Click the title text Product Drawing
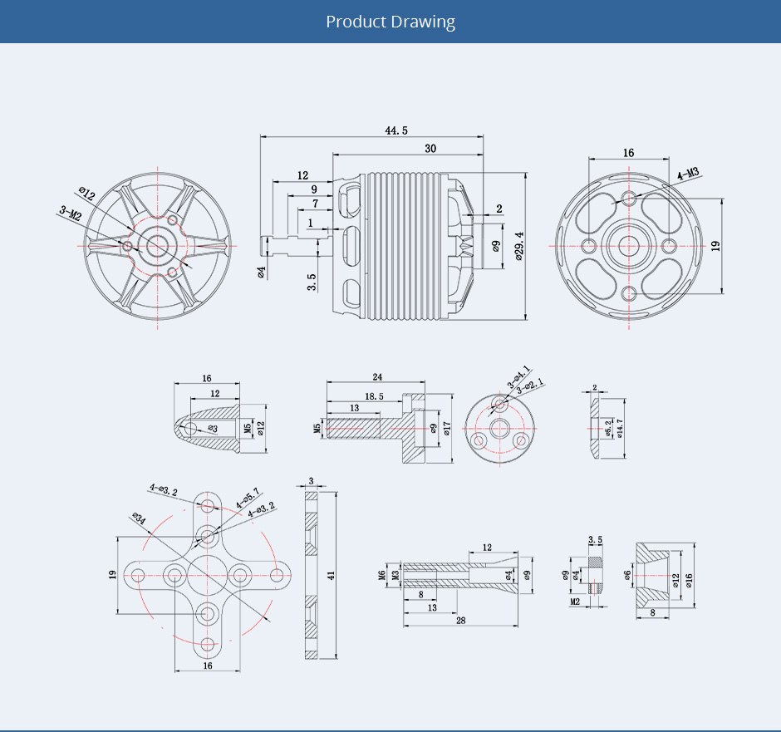click(390, 22)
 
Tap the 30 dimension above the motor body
click(430, 149)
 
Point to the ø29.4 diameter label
click(518, 247)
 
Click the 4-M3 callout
click(688, 174)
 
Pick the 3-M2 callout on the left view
click(70, 213)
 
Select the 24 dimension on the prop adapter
click(377, 376)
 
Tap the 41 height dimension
click(331, 575)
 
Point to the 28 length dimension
click(459, 620)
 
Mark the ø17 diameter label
click(446, 428)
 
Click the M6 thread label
click(382, 575)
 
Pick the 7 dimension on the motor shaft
click(315, 204)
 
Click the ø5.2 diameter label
click(608, 428)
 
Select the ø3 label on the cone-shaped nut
click(213, 429)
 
